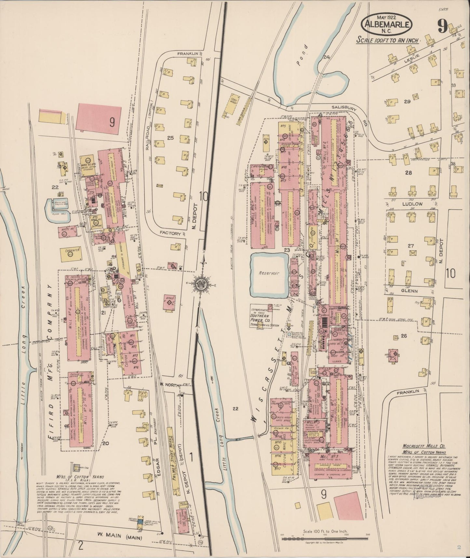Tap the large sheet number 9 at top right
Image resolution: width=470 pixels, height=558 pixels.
442,26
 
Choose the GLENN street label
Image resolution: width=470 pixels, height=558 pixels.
409,291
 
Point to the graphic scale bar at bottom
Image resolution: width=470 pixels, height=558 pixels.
325,539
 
